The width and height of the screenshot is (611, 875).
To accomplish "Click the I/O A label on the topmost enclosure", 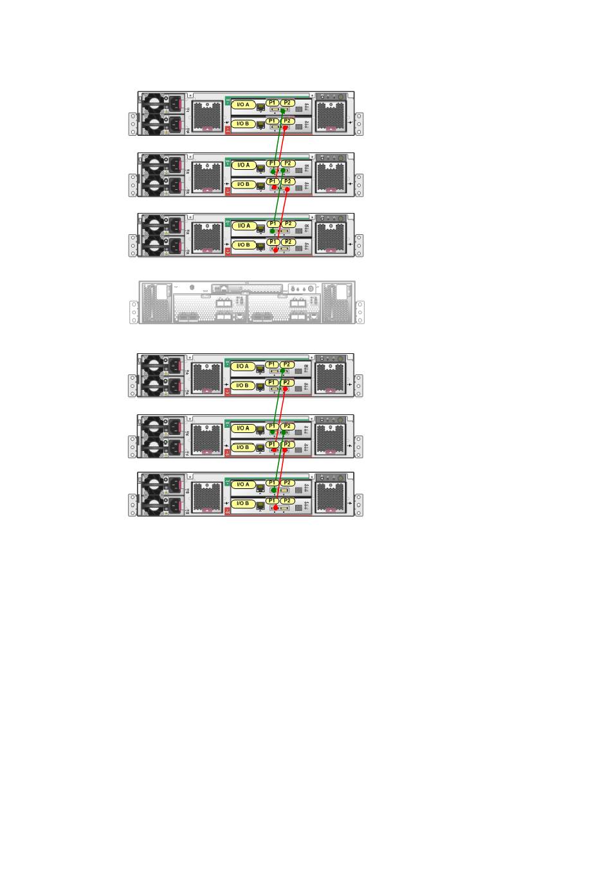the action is (x=243, y=104).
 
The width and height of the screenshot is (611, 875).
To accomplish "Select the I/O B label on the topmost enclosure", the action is (x=243, y=123).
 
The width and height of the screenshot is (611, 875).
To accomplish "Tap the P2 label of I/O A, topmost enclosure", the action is (x=287, y=102).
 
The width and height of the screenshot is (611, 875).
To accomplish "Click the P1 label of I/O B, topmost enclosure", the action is (x=272, y=121).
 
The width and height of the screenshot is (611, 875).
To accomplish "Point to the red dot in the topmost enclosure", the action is (x=285, y=129).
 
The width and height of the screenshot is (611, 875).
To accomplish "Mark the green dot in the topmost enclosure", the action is (x=282, y=111).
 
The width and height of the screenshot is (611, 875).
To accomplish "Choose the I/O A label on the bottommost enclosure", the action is (x=243, y=484).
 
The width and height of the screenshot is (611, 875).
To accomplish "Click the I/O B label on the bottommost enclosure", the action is (x=243, y=503).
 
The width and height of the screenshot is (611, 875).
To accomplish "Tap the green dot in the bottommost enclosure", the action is (x=272, y=490).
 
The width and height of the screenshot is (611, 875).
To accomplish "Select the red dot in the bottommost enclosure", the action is (x=275, y=508).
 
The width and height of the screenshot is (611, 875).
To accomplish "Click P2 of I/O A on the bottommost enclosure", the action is (x=287, y=483).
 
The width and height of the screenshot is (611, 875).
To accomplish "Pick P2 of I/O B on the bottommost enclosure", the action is (x=287, y=501).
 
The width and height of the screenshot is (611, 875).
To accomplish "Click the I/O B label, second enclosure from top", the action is (x=243, y=184).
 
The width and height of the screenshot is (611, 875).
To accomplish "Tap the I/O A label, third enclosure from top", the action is (x=243, y=226).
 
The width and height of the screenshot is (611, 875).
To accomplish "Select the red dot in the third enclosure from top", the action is (x=275, y=250).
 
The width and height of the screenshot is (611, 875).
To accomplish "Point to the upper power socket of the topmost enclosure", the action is (x=174, y=102).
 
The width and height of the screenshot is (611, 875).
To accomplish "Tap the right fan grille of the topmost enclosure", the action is (x=331, y=116).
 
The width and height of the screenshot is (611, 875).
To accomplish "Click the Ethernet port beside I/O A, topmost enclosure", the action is (x=260, y=106).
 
